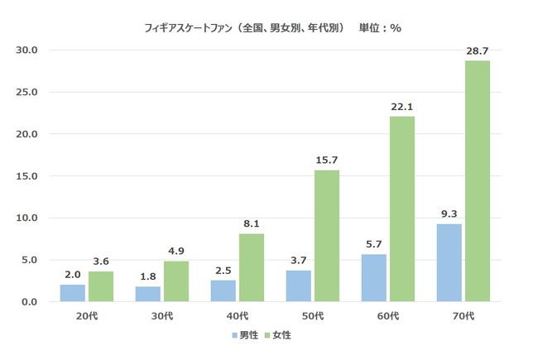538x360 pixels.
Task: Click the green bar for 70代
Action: coord(478,181)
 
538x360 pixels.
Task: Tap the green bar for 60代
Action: coord(402,209)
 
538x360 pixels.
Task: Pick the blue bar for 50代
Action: coord(299,286)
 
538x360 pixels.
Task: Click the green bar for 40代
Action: coord(252,267)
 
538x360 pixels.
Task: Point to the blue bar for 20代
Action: coord(73,293)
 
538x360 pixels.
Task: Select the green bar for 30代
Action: coord(176,281)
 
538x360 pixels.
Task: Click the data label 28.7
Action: coord(478,51)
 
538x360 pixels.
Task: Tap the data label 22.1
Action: coord(402,107)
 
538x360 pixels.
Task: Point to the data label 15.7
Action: coord(327,161)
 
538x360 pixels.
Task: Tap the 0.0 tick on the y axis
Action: coord(30,302)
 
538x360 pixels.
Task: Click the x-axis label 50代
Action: coord(313,316)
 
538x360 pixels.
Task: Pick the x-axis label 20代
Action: coord(87,316)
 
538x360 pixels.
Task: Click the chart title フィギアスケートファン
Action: coord(190,27)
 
